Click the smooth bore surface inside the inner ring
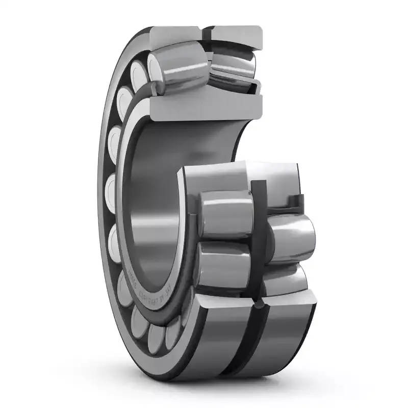pyautogui.click(x=153, y=204)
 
